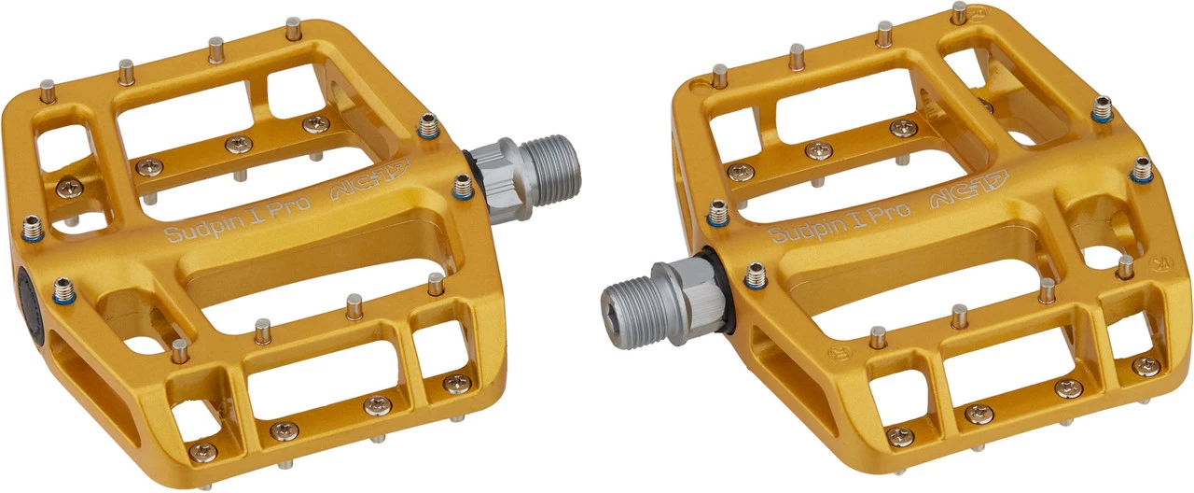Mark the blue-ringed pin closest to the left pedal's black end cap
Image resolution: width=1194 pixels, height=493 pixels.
[63, 290]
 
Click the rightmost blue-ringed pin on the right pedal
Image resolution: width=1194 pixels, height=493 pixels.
[1142, 170]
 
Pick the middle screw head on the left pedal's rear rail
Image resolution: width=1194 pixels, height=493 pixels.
[238, 145]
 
